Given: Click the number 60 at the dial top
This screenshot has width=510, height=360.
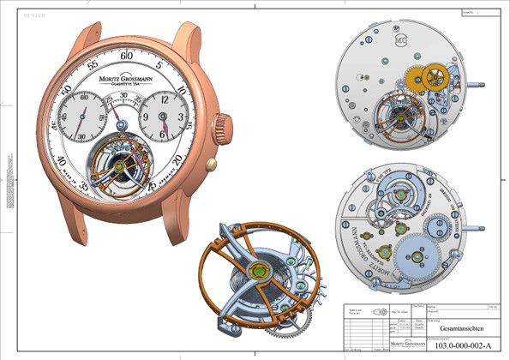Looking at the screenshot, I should point(128,56).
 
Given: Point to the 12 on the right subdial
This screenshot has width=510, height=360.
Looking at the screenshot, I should point(165,97).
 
